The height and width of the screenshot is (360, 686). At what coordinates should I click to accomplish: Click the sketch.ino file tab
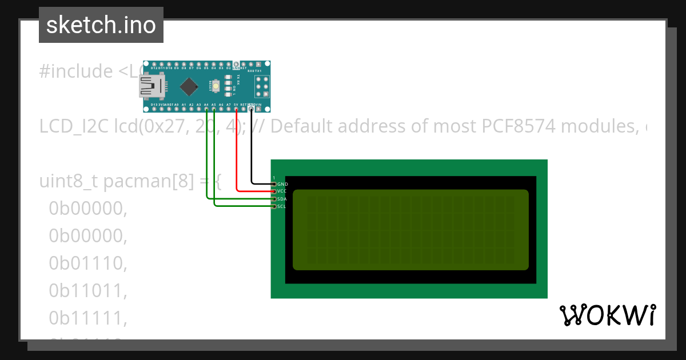pyautogui.click(x=101, y=25)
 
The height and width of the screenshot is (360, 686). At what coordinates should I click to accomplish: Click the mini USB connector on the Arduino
pyautogui.click(x=150, y=87)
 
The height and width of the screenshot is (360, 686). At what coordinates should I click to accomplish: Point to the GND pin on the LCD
pyautogui.click(x=274, y=184)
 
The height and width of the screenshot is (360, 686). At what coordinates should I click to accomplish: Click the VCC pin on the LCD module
pyautogui.click(x=274, y=191)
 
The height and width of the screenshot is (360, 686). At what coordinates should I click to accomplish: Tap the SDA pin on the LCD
pyautogui.click(x=274, y=199)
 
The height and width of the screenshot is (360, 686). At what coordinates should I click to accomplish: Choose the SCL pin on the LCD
pyautogui.click(x=274, y=206)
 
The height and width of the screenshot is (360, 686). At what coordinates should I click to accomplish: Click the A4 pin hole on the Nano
pyautogui.click(x=206, y=109)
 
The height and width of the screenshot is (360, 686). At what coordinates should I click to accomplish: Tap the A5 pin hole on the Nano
pyautogui.click(x=214, y=109)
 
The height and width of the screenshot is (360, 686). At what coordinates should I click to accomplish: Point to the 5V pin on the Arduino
pyautogui.click(x=236, y=109)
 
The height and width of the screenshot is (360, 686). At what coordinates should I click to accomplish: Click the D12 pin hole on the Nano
pyautogui.click(x=154, y=65)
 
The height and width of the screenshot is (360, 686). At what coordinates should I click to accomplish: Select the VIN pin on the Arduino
pyautogui.click(x=258, y=109)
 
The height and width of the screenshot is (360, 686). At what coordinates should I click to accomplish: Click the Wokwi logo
pyautogui.click(x=608, y=315)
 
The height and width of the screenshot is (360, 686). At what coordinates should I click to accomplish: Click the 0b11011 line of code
pyautogui.click(x=87, y=291)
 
